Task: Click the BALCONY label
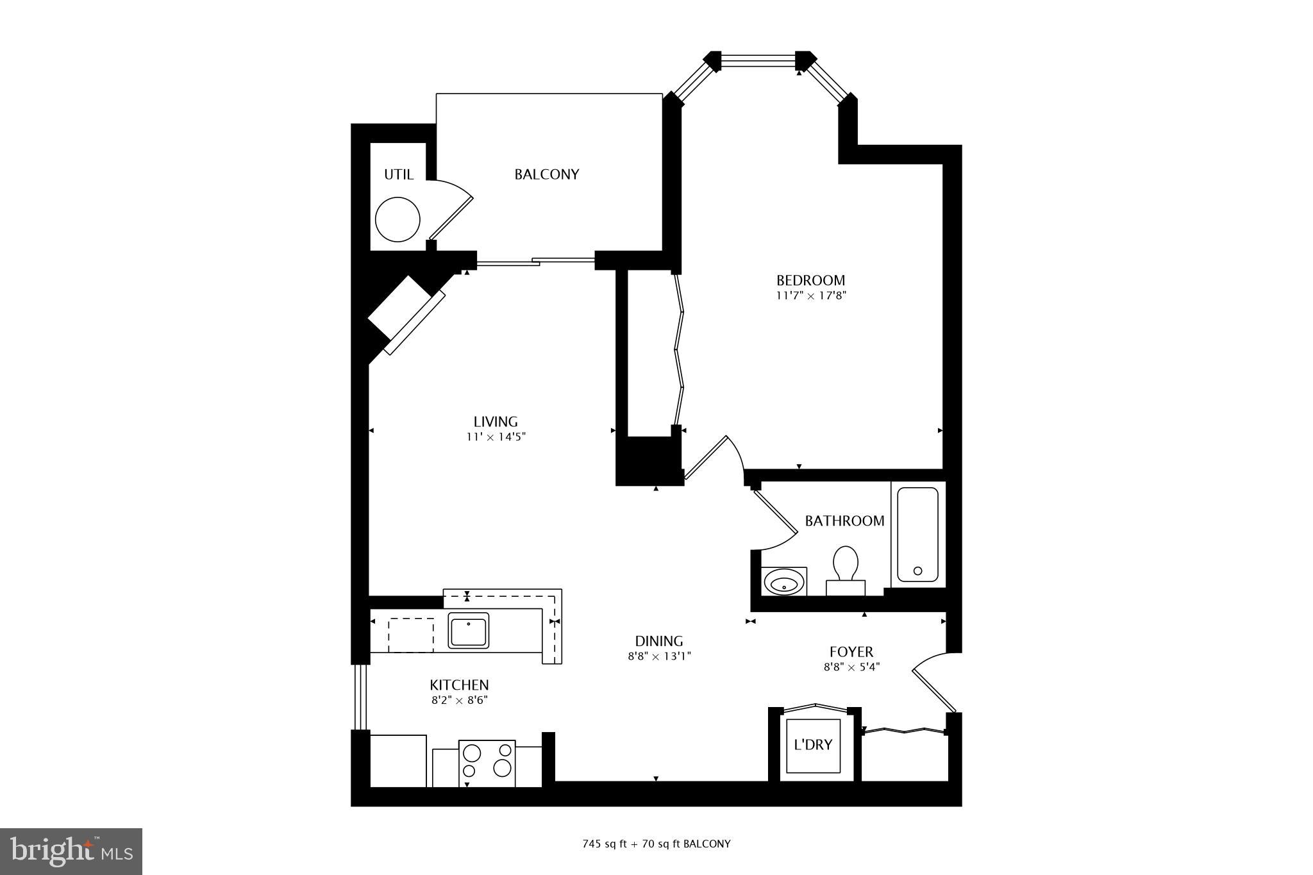(x=546, y=174)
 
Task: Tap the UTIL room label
(x=398, y=174)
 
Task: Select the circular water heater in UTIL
(x=397, y=219)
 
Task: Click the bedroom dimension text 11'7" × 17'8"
(x=811, y=296)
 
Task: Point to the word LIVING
(x=496, y=422)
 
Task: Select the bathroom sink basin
(x=784, y=584)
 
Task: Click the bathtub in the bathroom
(x=917, y=535)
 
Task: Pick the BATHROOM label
(x=844, y=521)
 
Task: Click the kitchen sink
(x=468, y=631)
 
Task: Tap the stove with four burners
(x=487, y=763)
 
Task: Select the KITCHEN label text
(x=459, y=685)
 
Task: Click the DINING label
(x=658, y=641)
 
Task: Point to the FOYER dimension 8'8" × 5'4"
(x=851, y=667)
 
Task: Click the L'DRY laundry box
(x=813, y=745)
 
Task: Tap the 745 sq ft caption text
(x=656, y=844)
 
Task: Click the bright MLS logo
(x=71, y=851)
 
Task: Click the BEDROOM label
(x=810, y=280)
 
